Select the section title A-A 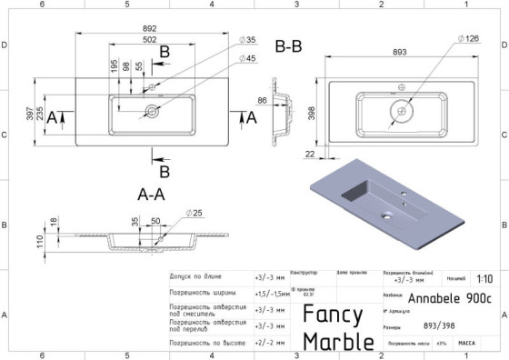pos(150,194)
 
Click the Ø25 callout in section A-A pos(193,213)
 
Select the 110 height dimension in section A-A pos(40,242)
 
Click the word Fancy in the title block pos(334,314)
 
